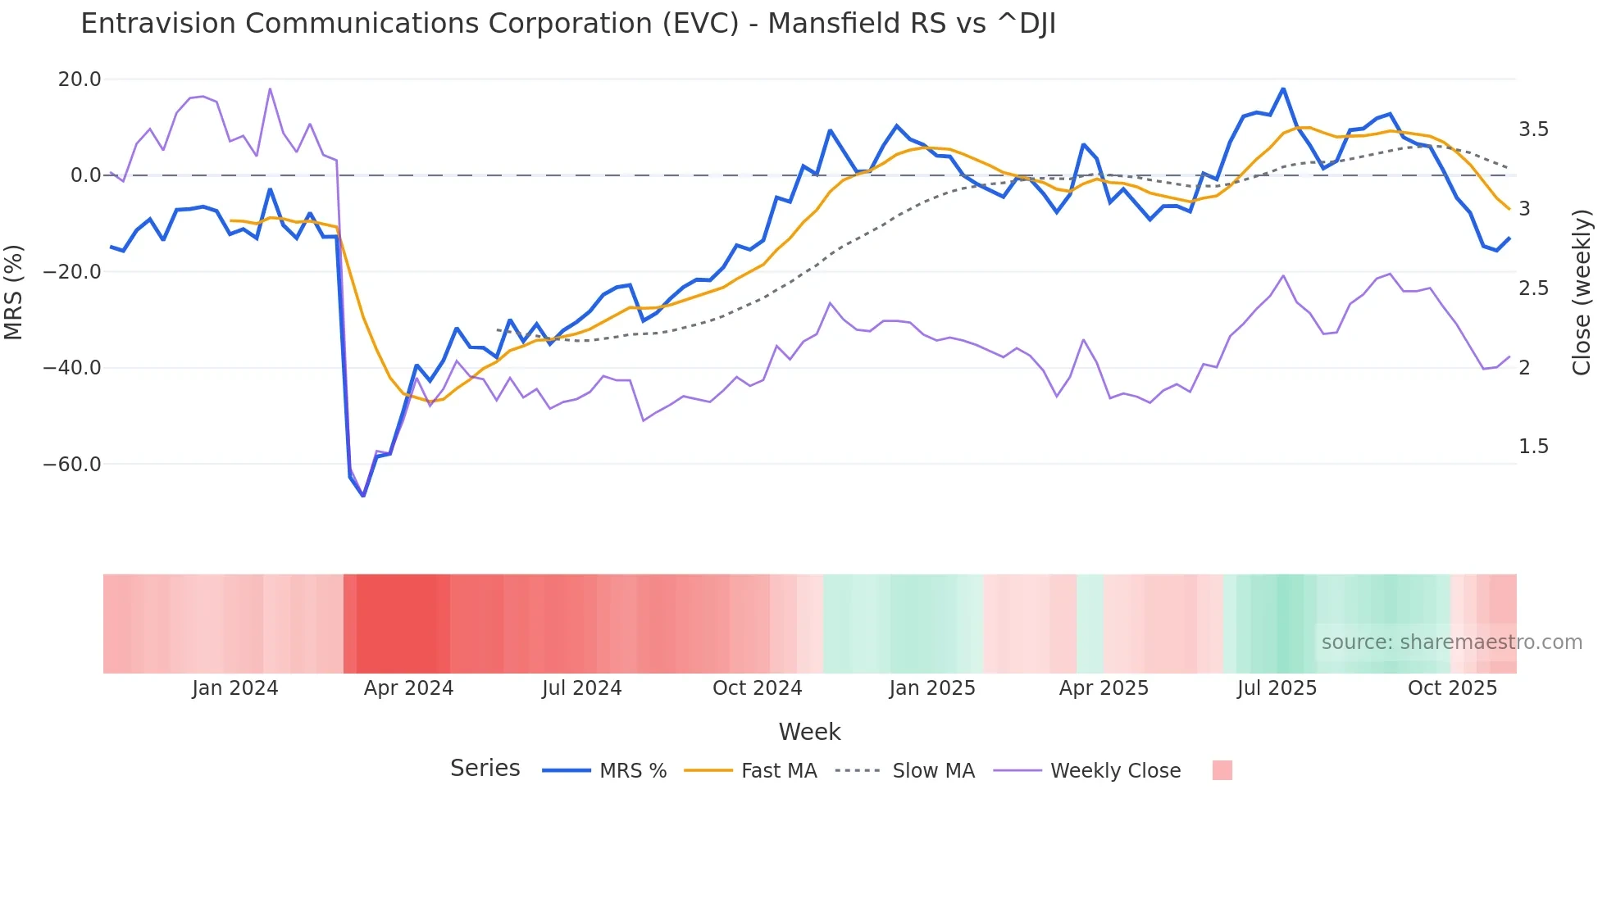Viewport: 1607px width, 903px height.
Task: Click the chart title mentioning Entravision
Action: pyautogui.click(x=567, y=24)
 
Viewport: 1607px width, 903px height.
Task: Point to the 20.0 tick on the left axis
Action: pyautogui.click(x=80, y=79)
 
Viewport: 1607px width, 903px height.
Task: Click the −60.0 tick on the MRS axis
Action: pyautogui.click(x=72, y=465)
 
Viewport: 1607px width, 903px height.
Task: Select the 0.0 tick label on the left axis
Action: pyautogui.click(x=85, y=175)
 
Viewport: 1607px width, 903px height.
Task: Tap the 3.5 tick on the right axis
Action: pyautogui.click(x=1533, y=129)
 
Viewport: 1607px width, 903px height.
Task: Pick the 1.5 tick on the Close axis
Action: pyautogui.click(x=1533, y=447)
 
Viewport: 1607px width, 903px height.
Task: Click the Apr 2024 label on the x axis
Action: pyautogui.click(x=408, y=688)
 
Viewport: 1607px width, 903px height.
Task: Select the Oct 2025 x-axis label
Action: pyautogui.click(x=1452, y=688)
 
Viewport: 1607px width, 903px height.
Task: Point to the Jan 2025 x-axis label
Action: pyautogui.click(x=932, y=688)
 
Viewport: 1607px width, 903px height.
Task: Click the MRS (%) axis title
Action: pyautogui.click(x=14, y=292)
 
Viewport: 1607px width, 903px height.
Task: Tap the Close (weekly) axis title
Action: pyautogui.click(x=1582, y=292)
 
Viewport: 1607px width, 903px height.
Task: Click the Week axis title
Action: pyautogui.click(x=809, y=732)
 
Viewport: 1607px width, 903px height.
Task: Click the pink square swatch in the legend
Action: pyautogui.click(x=1222, y=770)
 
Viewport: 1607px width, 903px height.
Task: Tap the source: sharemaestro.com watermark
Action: pyautogui.click(x=1451, y=642)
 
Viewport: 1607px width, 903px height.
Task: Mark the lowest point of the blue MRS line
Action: pyautogui.click(x=363, y=496)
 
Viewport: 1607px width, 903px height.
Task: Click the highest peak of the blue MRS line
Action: pyautogui.click(x=1283, y=88)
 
